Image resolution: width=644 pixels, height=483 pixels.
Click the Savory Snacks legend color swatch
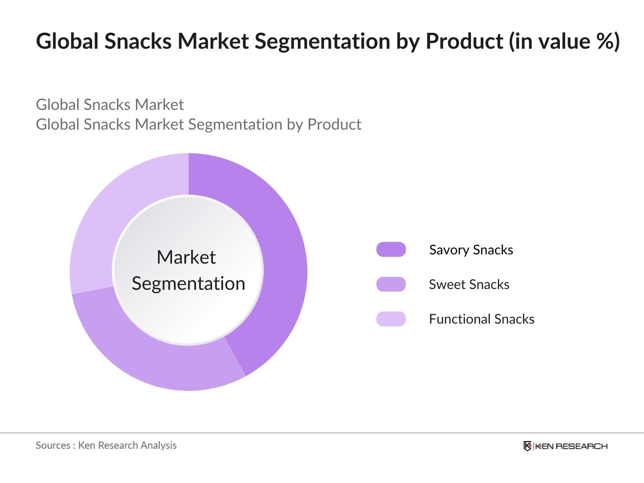pos(391,250)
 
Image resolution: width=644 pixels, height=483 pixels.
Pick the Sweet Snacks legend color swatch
pos(391,284)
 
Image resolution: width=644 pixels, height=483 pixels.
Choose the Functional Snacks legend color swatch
pos(391,319)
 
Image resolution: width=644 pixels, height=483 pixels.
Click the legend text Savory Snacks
pos(471,250)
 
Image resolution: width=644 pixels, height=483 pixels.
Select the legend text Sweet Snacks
pos(469,285)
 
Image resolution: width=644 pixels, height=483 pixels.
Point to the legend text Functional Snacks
pos(481,319)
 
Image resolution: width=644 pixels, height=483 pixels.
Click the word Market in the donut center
pos(186,257)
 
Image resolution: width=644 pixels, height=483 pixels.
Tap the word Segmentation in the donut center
pos(188,284)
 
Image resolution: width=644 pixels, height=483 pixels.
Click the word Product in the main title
pos(464,41)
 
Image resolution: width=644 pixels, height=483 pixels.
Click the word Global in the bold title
pos(67,41)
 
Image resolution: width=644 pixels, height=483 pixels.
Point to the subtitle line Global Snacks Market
pos(109,105)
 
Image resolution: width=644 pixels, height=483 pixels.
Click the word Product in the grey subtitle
pos(334,124)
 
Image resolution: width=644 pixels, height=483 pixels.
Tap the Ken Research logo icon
pos(527,446)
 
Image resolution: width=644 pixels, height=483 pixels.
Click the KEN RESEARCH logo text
pos(571,446)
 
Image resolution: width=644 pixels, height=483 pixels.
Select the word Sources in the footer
pos(53,445)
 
